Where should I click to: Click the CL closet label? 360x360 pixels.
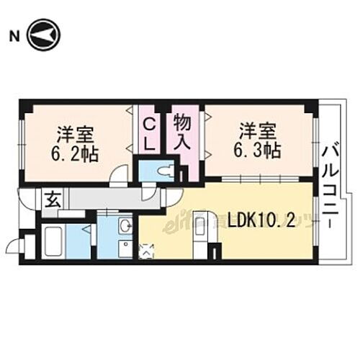point(149,134)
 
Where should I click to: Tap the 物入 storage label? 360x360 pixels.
point(183,131)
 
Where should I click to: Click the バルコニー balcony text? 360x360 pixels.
point(333,187)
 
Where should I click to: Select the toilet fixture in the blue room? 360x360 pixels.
point(165,172)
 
